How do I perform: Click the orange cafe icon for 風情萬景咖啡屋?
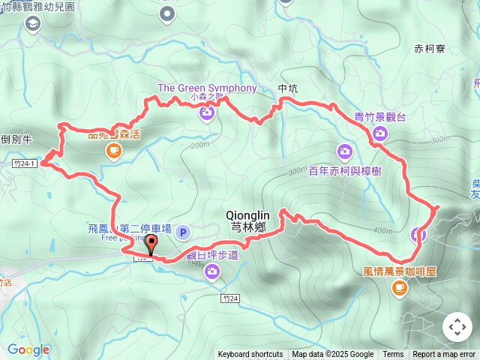pos(399,286)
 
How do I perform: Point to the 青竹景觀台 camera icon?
pos(379,134)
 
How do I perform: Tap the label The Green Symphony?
pos(207,88)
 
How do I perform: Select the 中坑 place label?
pos(288,88)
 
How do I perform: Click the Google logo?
pos(28,349)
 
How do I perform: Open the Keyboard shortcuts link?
pos(250,355)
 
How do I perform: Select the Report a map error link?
pos(444,355)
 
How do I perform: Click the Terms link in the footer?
pos(393,355)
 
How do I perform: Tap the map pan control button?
pos(457,327)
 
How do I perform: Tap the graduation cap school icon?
pos(33,25)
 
